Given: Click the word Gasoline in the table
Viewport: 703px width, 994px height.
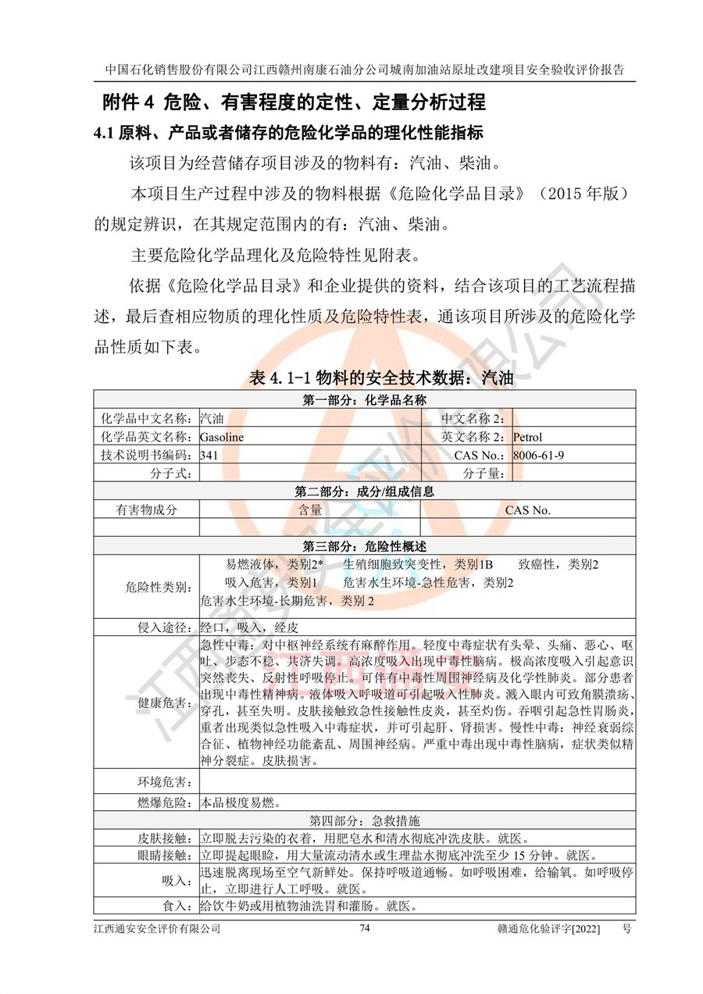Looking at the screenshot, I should (x=222, y=438).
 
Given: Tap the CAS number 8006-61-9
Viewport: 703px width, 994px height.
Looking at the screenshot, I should (x=539, y=456).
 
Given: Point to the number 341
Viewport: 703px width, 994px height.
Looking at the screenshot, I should (x=209, y=456).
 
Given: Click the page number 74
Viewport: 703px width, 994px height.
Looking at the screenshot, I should (x=364, y=928).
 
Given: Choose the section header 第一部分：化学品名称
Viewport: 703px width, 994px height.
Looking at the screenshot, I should (x=364, y=401).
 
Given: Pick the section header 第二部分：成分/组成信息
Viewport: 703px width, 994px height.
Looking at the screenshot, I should (x=364, y=492).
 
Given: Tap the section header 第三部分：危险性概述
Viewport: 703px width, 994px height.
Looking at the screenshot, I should (x=364, y=545).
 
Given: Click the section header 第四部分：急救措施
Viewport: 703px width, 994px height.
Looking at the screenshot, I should (x=364, y=821).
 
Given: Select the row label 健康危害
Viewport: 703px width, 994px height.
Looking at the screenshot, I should (x=166, y=703).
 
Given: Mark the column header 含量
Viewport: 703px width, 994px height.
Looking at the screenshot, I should (x=310, y=510).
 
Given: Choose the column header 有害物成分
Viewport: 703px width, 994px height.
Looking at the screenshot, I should (x=147, y=510).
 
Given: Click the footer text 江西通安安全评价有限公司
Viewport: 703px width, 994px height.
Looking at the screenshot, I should (x=156, y=928).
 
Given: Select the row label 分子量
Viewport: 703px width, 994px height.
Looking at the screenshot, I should (x=484, y=474).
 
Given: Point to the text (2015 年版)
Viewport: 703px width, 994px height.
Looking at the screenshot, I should (x=577, y=193).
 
